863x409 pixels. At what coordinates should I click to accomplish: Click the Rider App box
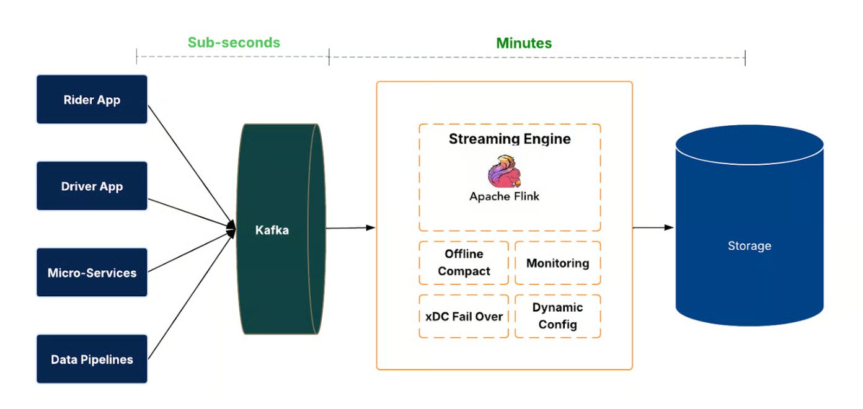tap(92, 100)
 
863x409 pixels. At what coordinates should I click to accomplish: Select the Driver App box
tap(92, 187)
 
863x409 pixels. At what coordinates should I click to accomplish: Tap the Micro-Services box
tap(92, 273)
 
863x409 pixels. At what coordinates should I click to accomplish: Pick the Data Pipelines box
tap(92, 359)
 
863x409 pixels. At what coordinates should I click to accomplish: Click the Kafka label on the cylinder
tap(272, 231)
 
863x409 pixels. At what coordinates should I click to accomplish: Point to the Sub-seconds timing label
tap(234, 43)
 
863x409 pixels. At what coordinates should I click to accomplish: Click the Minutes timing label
tap(524, 43)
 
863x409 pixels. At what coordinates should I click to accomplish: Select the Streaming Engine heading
tap(510, 139)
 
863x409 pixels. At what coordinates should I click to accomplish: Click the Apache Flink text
tap(504, 196)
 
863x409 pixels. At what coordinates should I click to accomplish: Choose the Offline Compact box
tap(464, 263)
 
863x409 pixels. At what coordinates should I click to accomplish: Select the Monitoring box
tap(557, 263)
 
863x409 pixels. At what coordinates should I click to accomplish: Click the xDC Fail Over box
tap(464, 316)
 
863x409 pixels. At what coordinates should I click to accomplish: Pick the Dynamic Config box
tap(557, 316)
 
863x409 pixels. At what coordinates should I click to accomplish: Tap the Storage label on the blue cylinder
tap(749, 246)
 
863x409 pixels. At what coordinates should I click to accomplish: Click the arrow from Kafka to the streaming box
tap(350, 228)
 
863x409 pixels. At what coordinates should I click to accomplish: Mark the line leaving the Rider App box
tap(186, 161)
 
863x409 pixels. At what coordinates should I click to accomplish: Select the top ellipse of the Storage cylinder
tap(749, 145)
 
